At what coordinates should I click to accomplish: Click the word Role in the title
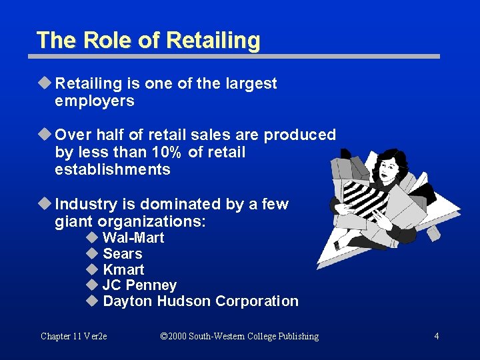coord(109,41)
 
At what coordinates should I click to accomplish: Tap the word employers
coord(95,101)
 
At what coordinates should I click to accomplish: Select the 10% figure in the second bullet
coord(165,153)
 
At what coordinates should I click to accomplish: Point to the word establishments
coord(113,170)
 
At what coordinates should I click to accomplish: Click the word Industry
coord(83,204)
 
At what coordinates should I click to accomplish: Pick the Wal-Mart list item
coord(133,238)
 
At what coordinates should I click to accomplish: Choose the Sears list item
coord(123,254)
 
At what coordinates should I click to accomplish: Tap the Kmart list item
coord(123,270)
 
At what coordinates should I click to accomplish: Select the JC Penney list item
coord(139,285)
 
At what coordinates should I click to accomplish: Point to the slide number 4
coord(437,336)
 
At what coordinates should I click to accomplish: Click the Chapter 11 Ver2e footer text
coord(73,336)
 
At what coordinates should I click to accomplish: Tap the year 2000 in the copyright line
coord(177,336)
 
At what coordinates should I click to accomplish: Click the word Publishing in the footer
coord(298,336)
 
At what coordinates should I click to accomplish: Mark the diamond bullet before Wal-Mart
coord(92,238)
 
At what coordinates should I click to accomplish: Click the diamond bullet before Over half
coord(45,135)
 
